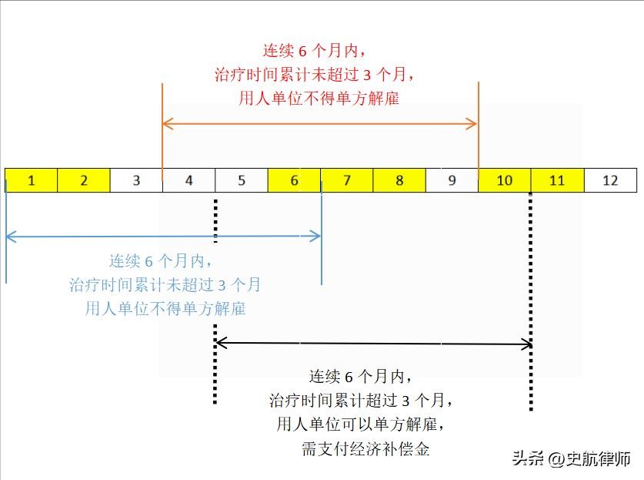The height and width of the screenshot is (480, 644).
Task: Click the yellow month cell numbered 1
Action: tap(32, 180)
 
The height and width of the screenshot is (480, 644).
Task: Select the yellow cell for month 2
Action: tap(84, 180)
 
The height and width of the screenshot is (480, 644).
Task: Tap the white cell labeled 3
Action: tap(136, 180)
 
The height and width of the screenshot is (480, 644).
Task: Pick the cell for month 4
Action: tap(189, 180)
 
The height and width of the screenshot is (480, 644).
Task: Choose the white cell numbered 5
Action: tap(242, 180)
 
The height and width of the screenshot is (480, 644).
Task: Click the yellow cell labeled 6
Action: tap(294, 180)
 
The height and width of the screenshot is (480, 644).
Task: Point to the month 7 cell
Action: tap(347, 180)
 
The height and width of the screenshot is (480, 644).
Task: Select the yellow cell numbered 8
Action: tap(399, 180)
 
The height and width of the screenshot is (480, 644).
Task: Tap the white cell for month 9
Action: tap(452, 180)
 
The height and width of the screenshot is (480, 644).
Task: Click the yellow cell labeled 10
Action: tap(505, 180)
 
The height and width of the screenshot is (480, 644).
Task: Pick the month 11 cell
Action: tap(557, 180)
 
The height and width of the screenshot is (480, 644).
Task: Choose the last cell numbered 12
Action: tap(610, 180)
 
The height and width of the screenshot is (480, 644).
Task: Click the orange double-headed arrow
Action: tap(320, 123)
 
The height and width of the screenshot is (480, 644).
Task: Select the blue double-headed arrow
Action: tap(163, 237)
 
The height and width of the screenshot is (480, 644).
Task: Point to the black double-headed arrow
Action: tap(374, 343)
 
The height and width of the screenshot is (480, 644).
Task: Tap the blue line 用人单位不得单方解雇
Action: tap(165, 309)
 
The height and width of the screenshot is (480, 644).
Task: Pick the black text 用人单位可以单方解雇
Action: tap(362, 424)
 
